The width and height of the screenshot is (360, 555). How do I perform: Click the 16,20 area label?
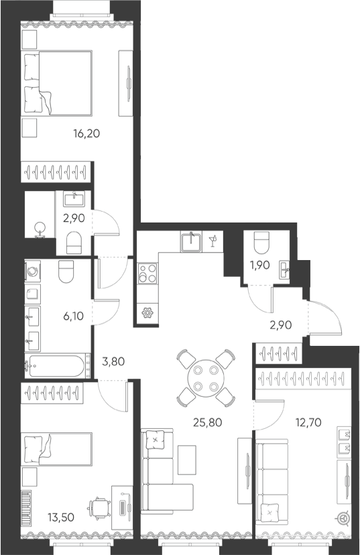tap(86, 134)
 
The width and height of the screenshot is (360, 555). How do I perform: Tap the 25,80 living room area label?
tap(208, 422)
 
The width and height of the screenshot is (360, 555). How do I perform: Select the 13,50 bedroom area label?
tap(61, 517)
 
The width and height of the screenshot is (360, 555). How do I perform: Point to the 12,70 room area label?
tap(308, 422)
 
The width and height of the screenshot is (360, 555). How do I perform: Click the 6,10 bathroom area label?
tap(73, 316)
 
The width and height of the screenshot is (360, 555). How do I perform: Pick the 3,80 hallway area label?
tap(113, 362)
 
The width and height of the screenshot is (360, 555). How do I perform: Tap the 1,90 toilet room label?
tap(260, 265)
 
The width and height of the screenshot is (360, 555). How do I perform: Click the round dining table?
tap(205, 377)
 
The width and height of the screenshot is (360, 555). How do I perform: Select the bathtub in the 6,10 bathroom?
tap(56, 365)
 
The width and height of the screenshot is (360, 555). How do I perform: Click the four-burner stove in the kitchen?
tap(147, 273)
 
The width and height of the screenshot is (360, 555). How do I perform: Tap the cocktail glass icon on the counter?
tap(213, 241)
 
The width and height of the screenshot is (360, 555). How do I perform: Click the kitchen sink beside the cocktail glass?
tap(191, 241)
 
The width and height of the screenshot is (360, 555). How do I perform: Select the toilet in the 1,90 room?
tap(261, 243)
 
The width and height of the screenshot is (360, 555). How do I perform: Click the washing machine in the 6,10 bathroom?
tap(33, 271)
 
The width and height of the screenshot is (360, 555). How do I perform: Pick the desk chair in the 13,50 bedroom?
tap(97, 509)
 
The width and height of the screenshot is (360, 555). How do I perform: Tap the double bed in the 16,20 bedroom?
tap(58, 83)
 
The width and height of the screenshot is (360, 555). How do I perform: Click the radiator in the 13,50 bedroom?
tap(26, 508)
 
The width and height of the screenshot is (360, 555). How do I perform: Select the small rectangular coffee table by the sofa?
tap(187, 460)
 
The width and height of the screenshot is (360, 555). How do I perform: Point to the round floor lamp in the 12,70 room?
tap(343, 519)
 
